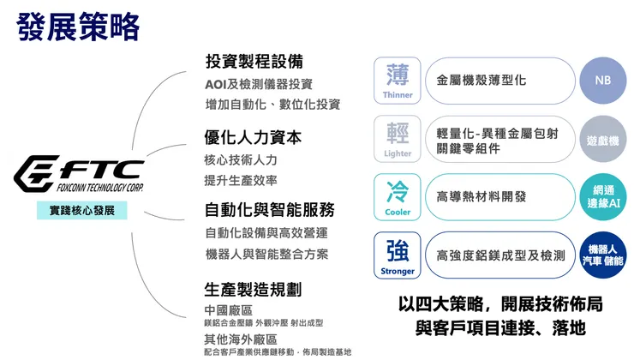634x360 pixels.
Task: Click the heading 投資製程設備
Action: pos(254,62)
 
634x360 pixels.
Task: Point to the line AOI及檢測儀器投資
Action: pos(259,84)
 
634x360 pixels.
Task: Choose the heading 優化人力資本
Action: pos(253,137)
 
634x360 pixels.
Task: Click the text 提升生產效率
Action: pos(241,180)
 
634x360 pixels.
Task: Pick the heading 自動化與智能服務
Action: pos(269,210)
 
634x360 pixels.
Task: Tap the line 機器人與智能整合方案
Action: pos(266,254)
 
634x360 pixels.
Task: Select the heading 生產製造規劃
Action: pos(253,290)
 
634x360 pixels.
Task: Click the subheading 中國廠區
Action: pos(228,309)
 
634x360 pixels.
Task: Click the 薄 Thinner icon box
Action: pos(398,81)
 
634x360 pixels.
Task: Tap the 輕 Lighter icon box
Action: pos(398,139)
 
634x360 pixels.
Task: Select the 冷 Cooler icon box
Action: pos(398,196)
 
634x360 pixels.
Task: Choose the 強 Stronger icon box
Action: pos(398,255)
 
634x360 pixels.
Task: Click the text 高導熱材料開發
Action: pos(481,196)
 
